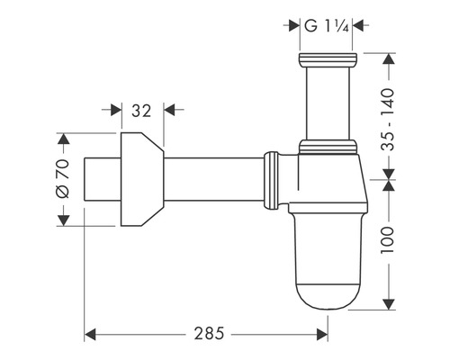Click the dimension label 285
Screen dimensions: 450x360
[x=209, y=333]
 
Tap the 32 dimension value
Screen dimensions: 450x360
[x=141, y=111]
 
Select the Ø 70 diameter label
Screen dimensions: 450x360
[x=63, y=179]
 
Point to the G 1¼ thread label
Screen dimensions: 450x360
[x=326, y=26]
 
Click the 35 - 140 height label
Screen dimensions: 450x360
[x=388, y=120]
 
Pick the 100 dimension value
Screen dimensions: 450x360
[x=387, y=240]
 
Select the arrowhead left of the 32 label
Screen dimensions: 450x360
[x=116, y=110]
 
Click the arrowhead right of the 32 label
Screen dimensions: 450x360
[x=169, y=110]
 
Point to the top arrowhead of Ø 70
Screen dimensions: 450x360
[x=63, y=139]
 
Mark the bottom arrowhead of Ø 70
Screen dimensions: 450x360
[x=63, y=220]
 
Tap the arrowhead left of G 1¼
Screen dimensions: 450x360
[x=294, y=25]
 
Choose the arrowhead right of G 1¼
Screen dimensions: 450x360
[x=358, y=25]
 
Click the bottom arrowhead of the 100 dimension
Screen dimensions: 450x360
[x=389, y=304]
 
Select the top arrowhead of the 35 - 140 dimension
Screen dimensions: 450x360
[x=389, y=58]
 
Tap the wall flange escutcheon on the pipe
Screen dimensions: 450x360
[x=142, y=179]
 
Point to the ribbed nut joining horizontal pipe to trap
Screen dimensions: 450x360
[x=272, y=180]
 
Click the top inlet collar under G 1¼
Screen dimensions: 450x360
[x=328, y=60]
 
